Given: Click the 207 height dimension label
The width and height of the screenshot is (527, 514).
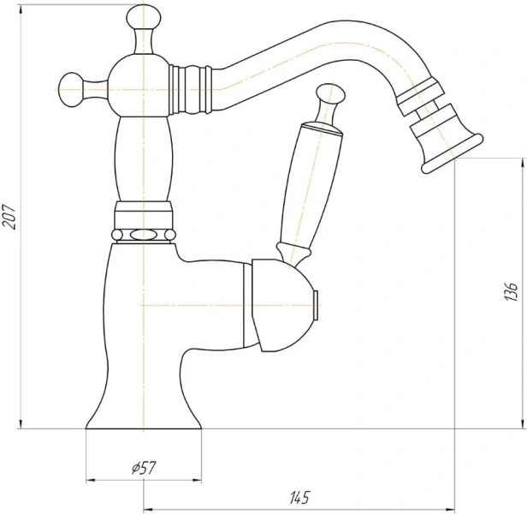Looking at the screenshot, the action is tap(9, 217).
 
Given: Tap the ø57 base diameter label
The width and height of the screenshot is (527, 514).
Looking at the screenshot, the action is tap(145, 468).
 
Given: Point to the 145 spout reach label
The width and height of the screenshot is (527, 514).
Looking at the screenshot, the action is tap(299, 498).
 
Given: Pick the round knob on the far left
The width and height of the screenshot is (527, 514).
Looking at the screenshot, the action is tap(70, 90).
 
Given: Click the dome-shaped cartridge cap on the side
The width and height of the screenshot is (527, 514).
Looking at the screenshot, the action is tap(281, 305).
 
